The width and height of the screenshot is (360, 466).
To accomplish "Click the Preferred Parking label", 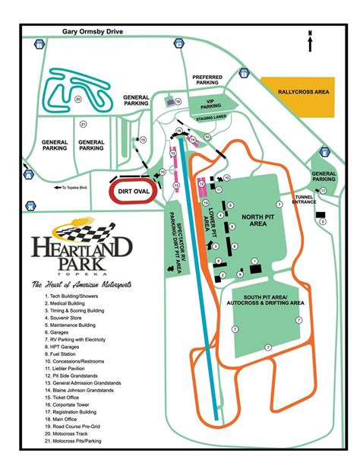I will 207,81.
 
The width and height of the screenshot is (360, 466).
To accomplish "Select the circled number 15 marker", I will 141,139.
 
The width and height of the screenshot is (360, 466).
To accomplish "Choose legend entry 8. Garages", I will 60,332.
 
